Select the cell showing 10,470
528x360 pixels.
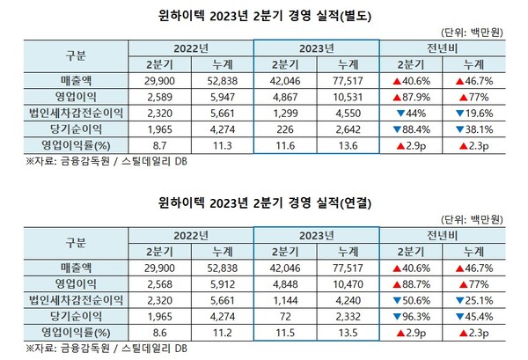pyautogui.click(x=346, y=276)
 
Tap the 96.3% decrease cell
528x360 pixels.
pyautogui.click(x=410, y=307)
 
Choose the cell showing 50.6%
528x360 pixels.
pyautogui.click(x=410, y=291)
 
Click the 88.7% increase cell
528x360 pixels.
pyautogui.click(x=410, y=276)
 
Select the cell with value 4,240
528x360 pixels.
pyautogui.click(x=346, y=291)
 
